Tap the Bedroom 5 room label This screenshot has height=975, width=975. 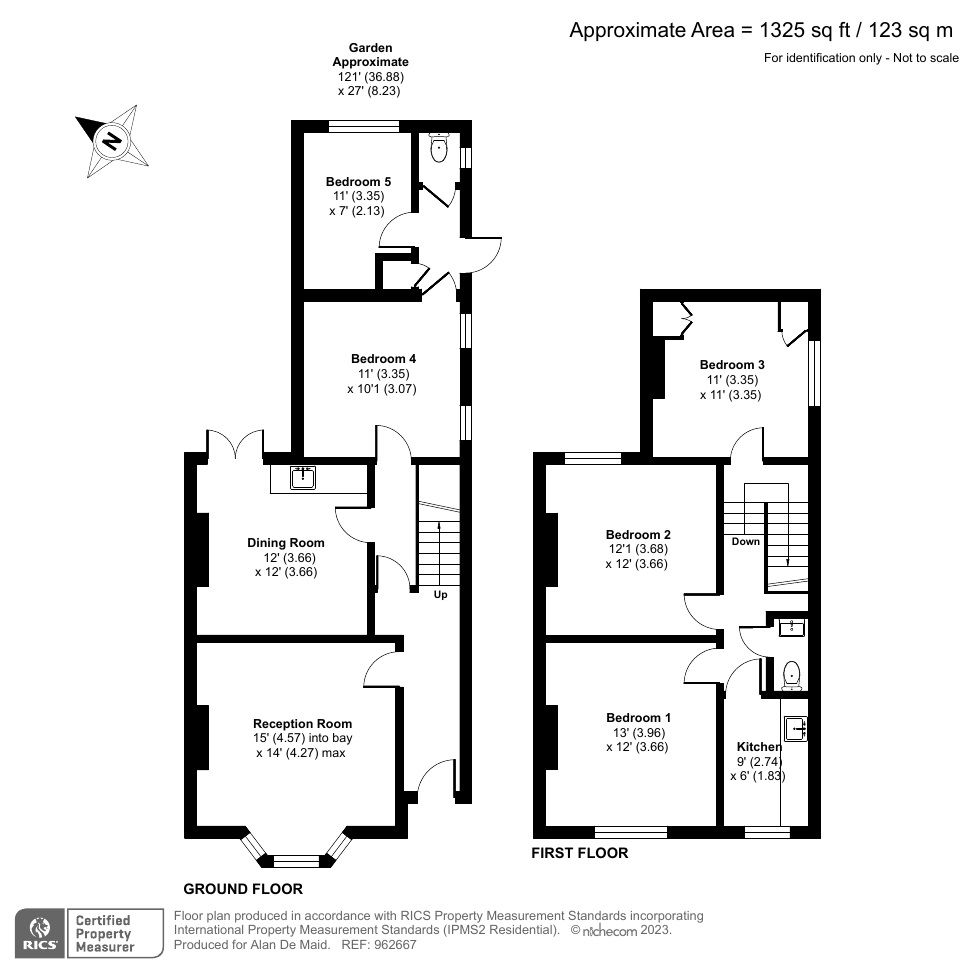click(x=358, y=181)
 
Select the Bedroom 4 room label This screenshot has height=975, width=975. click(x=383, y=359)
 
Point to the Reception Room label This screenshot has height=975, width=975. click(x=302, y=723)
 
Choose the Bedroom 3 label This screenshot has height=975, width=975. click(x=732, y=364)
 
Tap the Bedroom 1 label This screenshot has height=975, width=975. click(x=638, y=717)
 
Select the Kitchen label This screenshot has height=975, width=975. click(x=759, y=747)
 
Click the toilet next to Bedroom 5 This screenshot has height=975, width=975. click(x=437, y=150)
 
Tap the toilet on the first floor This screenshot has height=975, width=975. click(x=792, y=675)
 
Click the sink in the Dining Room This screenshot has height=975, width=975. click(x=302, y=478)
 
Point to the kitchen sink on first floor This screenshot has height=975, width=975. click(x=796, y=729)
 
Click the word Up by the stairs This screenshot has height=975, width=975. click(x=440, y=595)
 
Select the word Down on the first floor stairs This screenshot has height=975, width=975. click(x=745, y=541)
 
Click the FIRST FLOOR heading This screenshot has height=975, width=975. click(x=580, y=853)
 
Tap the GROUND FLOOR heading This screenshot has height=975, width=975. click(x=242, y=888)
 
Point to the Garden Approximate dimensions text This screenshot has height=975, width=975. click(x=370, y=69)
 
